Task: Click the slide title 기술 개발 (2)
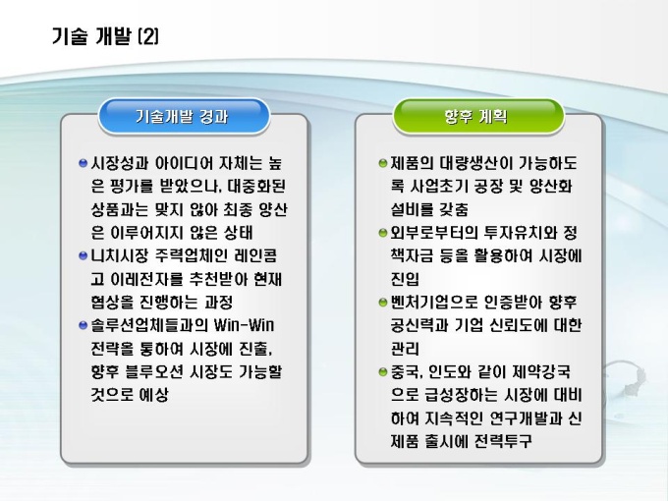(105, 36)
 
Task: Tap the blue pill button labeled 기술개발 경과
(184, 116)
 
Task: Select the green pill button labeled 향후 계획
(478, 116)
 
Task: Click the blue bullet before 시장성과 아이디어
(83, 163)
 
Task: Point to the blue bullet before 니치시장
(83, 256)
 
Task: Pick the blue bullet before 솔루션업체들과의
(83, 326)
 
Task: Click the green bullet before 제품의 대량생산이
(383, 163)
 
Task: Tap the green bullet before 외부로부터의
(383, 233)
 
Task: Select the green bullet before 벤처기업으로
(383, 303)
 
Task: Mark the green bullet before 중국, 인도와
(383, 372)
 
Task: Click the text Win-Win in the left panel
(244, 325)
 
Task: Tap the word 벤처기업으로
(433, 303)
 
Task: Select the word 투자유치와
(521, 233)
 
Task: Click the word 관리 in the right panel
(405, 349)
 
